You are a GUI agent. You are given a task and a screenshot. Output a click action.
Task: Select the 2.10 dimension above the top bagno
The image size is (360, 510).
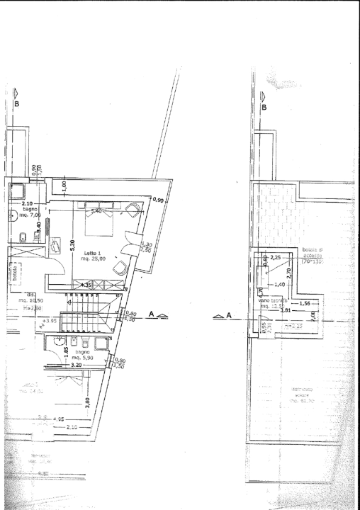pyautogui.click(x=28, y=203)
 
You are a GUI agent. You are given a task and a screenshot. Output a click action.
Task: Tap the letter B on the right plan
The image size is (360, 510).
pyautogui.click(x=264, y=108)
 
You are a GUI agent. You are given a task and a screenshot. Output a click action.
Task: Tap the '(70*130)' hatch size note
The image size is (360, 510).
pyautogui.click(x=312, y=261)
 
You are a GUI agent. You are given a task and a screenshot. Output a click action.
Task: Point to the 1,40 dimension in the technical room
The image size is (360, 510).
pyautogui.click(x=279, y=284)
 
